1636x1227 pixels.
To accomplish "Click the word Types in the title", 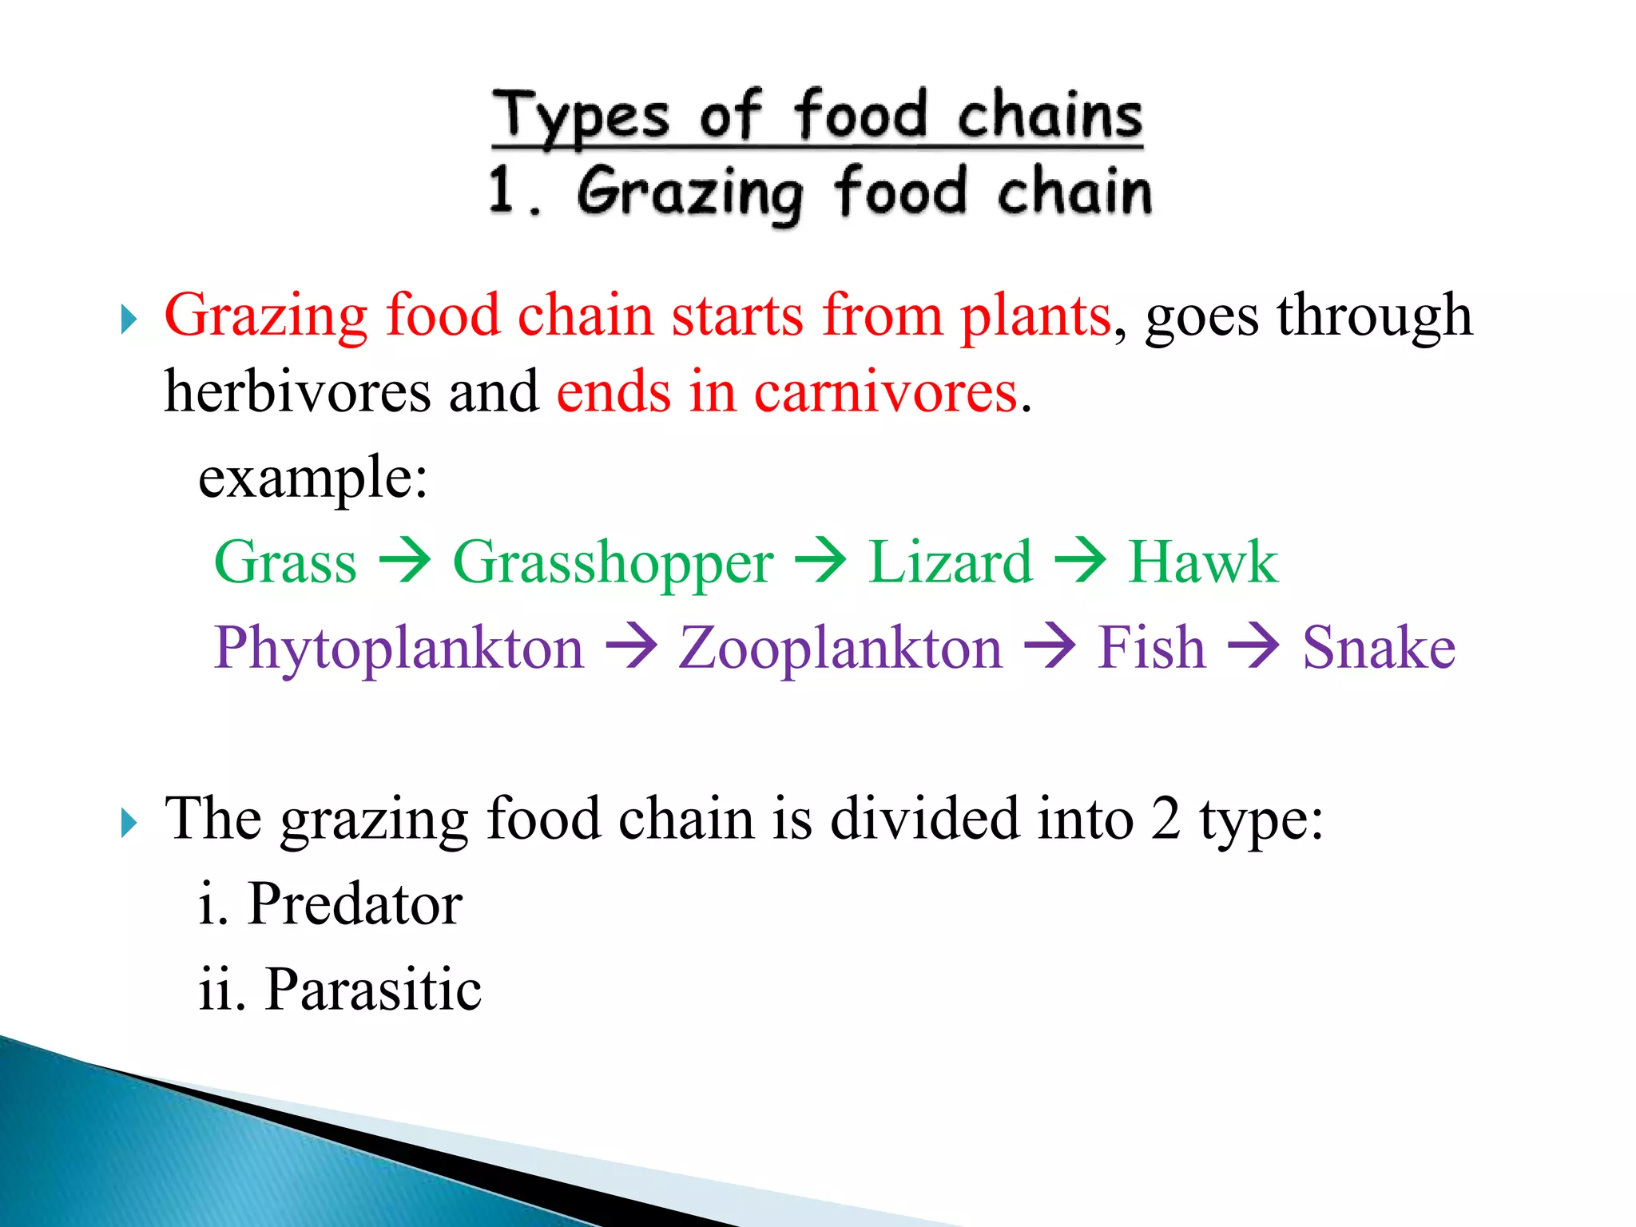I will click(x=580, y=118).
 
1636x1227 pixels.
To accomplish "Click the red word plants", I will click(x=1035, y=316).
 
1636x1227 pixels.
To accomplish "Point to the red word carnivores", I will click(x=886, y=392).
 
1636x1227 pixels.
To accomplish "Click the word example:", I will click(x=313, y=478).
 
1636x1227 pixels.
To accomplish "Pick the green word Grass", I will click(x=285, y=562).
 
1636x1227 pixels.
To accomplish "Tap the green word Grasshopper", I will click(x=613, y=564).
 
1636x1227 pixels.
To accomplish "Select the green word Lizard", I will click(x=950, y=562).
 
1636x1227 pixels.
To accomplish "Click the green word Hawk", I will click(x=1202, y=562).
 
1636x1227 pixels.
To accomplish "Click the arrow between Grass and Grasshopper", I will click(x=405, y=561).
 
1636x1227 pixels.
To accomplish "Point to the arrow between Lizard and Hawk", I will click(x=1080, y=561).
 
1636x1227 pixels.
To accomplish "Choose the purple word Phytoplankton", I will click(x=399, y=649).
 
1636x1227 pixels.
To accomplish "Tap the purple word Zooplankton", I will click(x=840, y=648).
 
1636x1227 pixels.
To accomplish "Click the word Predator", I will click(x=355, y=904).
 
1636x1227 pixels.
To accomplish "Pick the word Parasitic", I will click(x=373, y=990).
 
